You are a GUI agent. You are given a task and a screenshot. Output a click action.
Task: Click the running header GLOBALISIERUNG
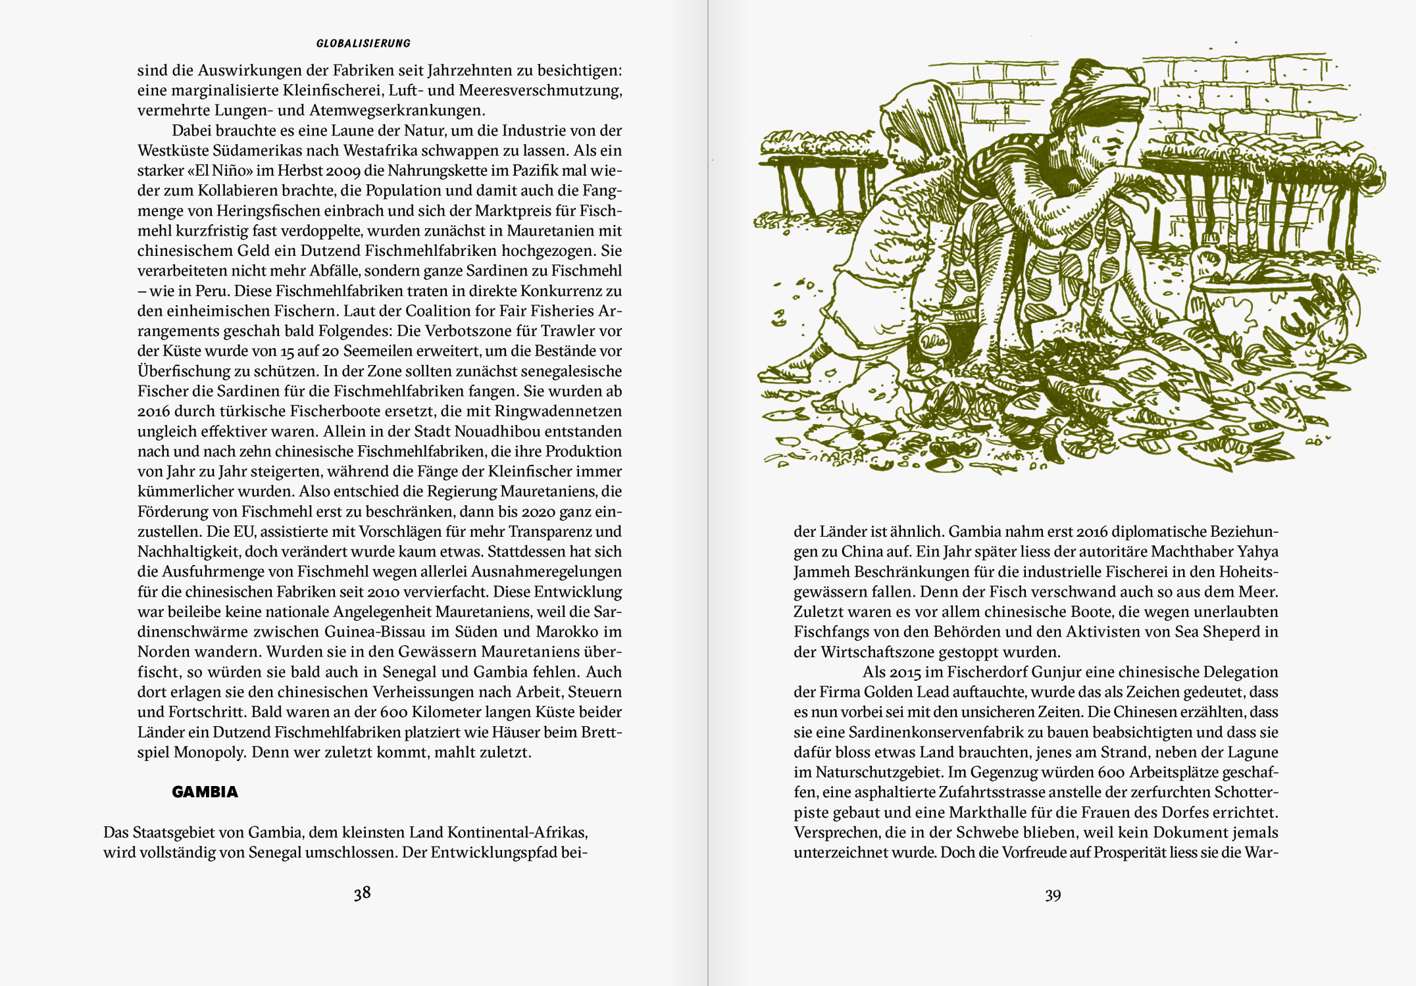pos(363,43)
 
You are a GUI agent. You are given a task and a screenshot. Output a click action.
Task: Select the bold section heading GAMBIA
pos(205,792)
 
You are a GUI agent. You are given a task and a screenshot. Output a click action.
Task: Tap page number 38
pos(362,893)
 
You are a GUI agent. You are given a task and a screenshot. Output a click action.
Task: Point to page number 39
pos(1053,895)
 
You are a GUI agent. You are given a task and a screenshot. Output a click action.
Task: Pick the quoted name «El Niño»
pos(220,170)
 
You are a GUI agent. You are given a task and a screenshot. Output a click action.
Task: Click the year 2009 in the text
pos(336,171)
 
